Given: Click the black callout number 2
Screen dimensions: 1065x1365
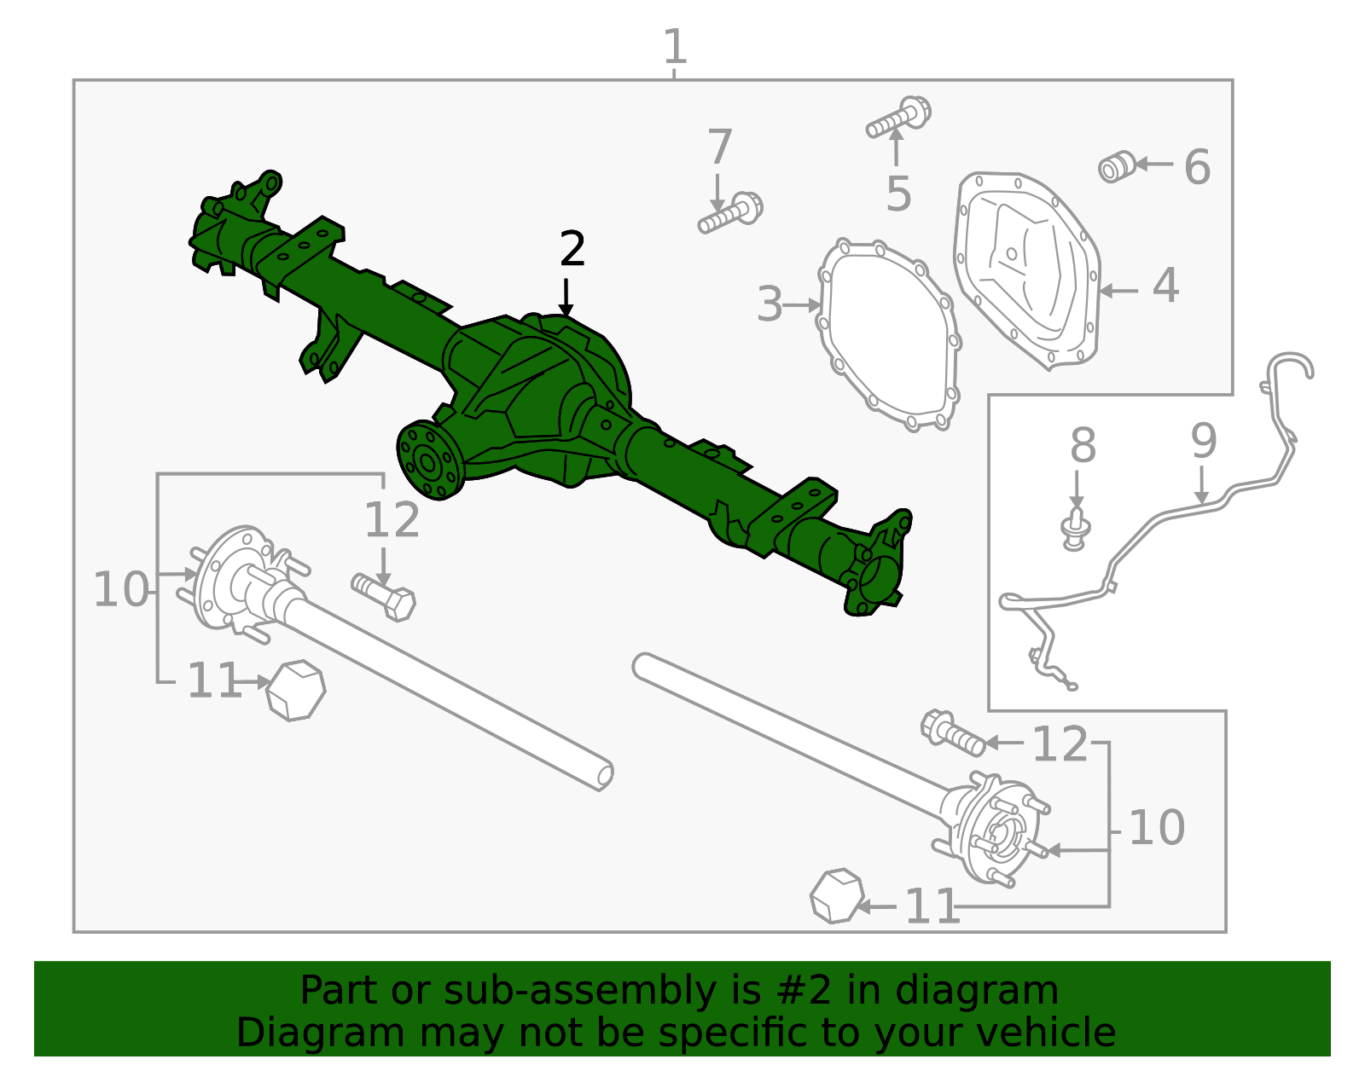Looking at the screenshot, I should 572,249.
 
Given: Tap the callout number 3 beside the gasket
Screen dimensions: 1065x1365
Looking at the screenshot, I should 770,304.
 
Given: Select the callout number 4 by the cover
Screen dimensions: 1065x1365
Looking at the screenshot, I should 1165,286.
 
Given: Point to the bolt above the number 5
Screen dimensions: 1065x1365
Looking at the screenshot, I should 899,118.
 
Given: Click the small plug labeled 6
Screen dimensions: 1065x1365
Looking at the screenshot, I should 1117,166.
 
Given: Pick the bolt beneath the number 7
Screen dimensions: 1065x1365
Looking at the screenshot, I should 730,213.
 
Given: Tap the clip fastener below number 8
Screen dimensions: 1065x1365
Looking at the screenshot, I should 1077,529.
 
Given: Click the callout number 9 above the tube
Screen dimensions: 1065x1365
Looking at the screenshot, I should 1204,440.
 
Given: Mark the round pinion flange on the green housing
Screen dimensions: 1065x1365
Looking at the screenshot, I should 431,460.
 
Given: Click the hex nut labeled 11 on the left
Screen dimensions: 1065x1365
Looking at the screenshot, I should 295,690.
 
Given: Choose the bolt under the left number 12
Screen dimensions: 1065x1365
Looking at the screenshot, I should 385,595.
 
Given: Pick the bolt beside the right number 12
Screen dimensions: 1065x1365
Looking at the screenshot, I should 952,732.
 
